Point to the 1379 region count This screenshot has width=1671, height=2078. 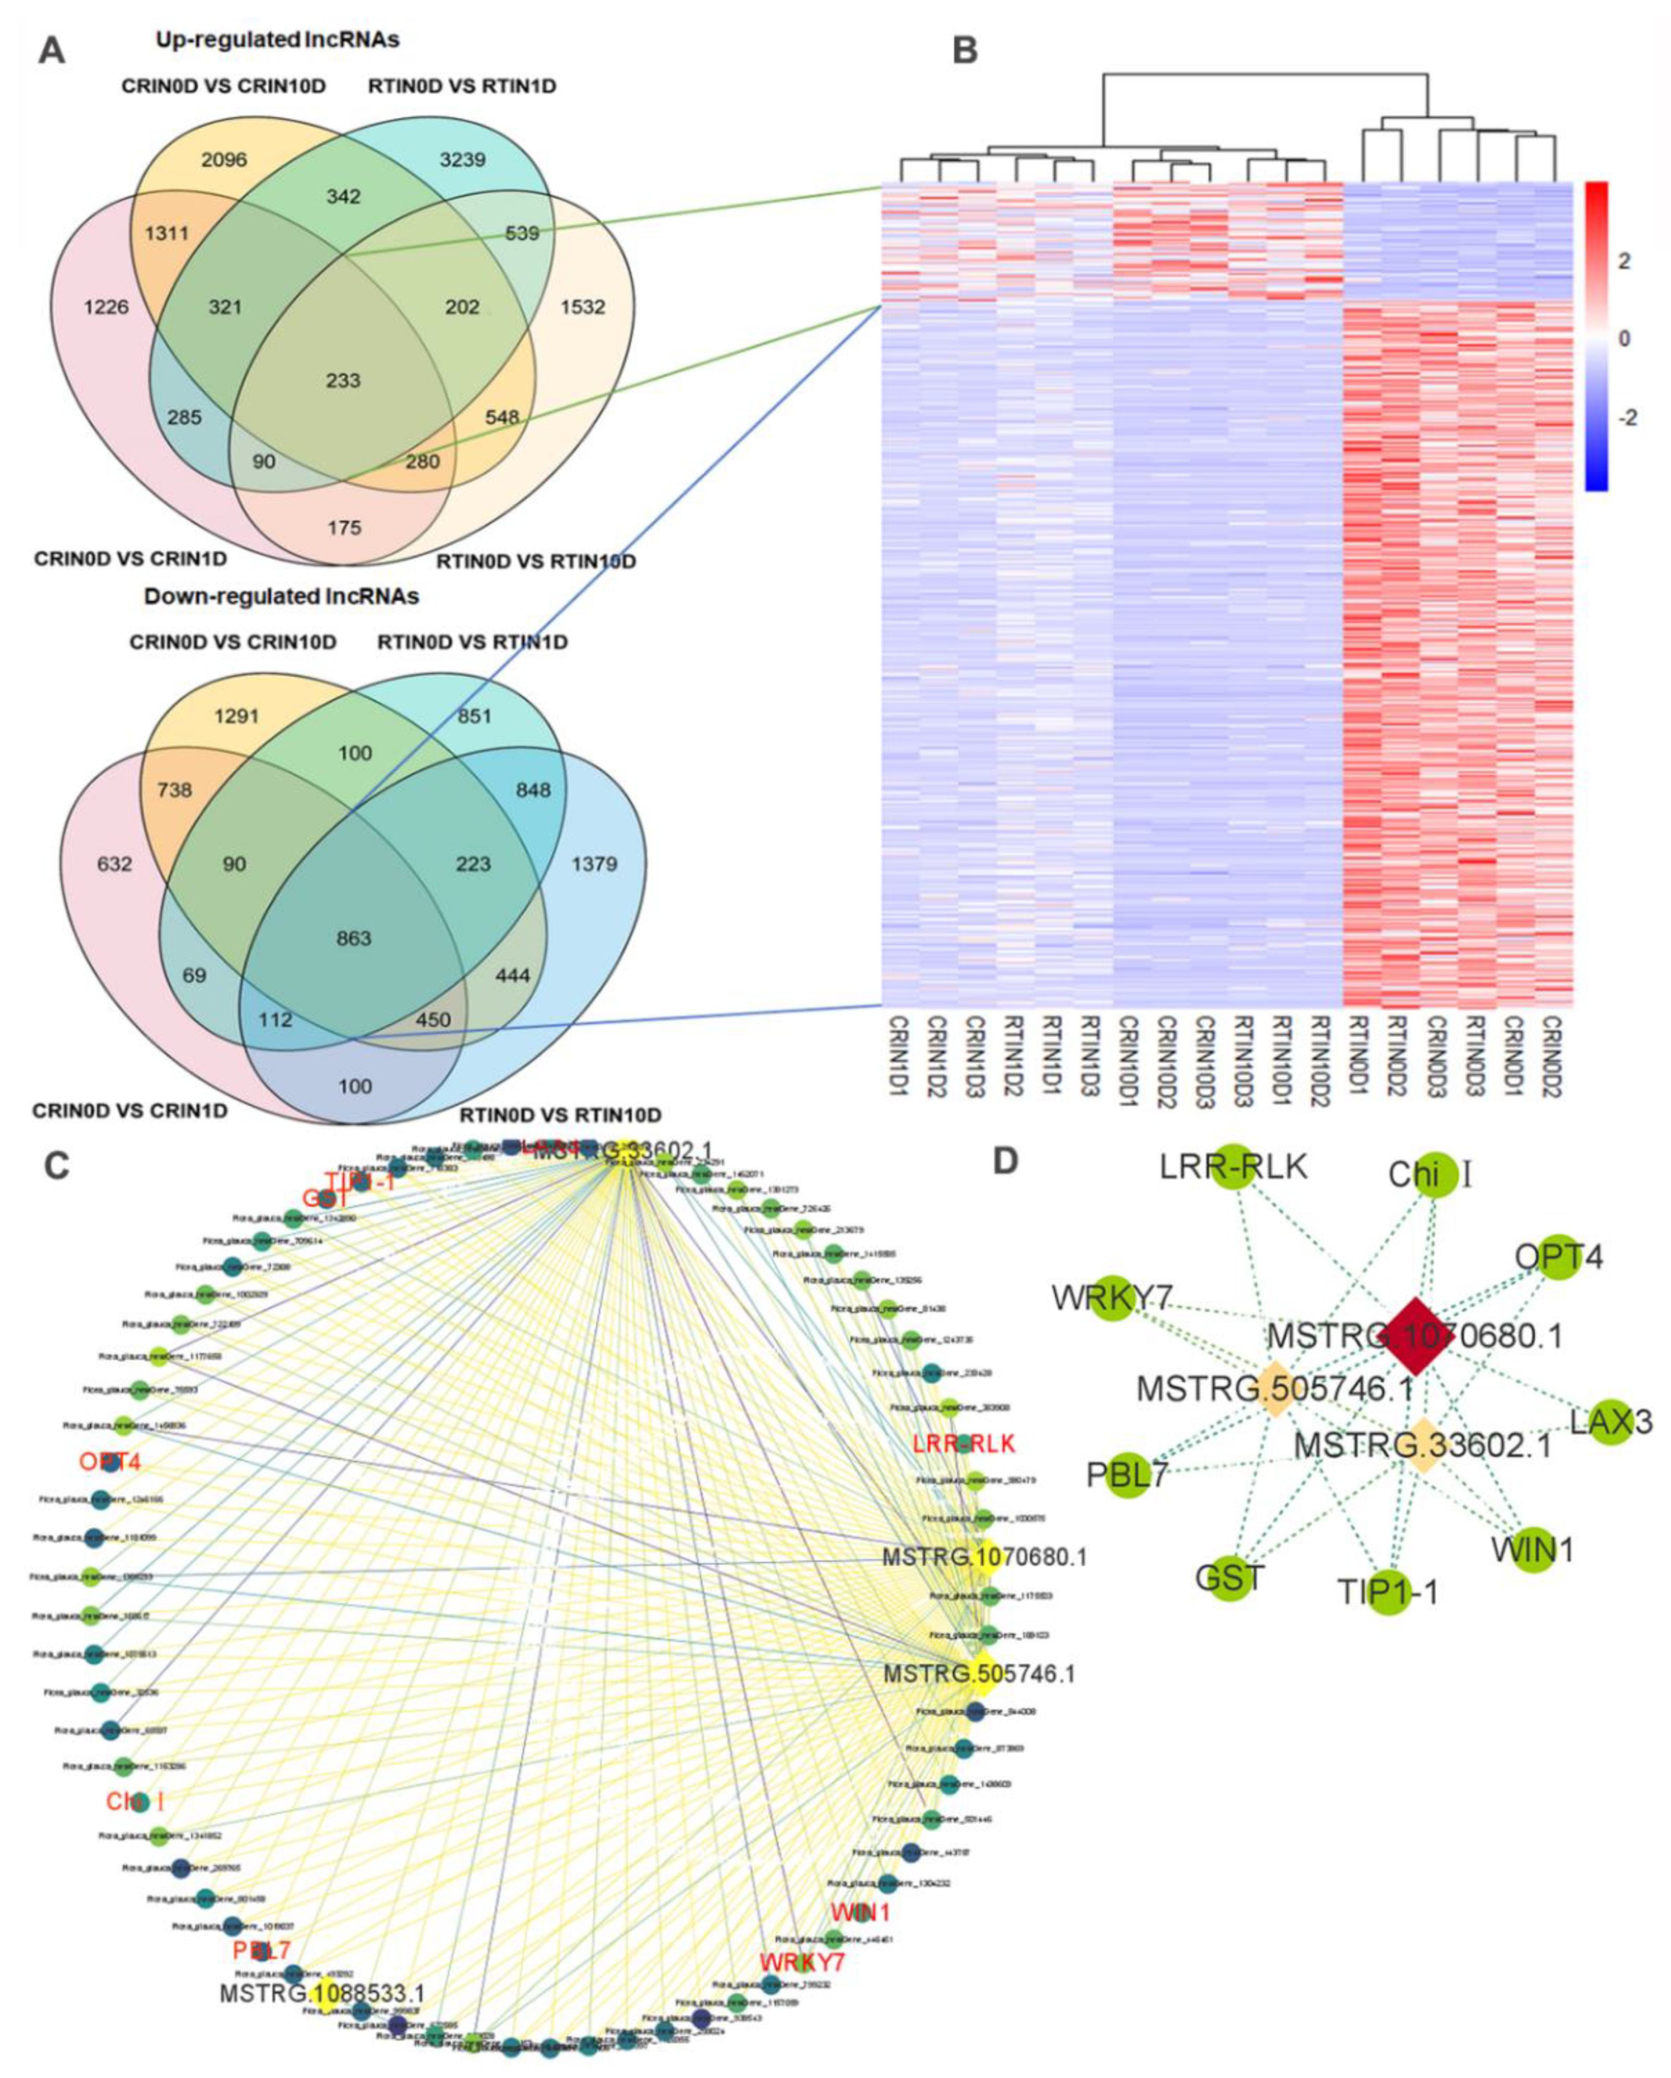(x=594, y=864)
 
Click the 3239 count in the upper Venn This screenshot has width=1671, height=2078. (x=463, y=159)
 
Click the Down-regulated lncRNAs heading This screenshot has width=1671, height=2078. (x=281, y=596)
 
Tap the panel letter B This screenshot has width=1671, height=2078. (x=965, y=50)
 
